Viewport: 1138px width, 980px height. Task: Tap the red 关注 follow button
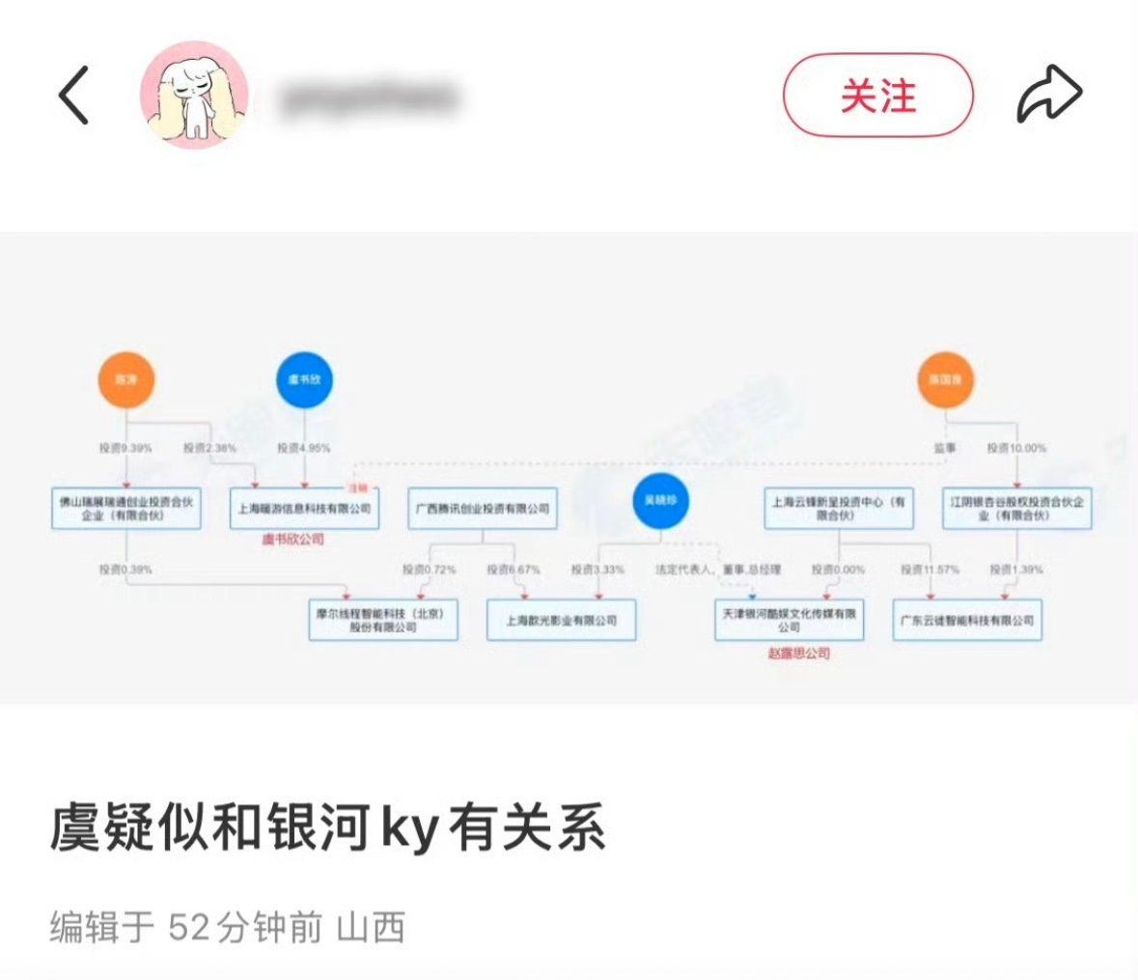coord(877,96)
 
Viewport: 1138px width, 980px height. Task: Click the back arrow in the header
coord(73,96)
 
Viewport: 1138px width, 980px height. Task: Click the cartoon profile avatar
coord(195,96)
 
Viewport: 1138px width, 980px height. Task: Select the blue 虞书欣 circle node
coord(304,379)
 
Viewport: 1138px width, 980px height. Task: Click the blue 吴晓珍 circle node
coord(661,501)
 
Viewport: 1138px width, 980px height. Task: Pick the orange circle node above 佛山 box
coord(126,379)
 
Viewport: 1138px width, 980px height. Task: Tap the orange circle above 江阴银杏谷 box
coord(945,379)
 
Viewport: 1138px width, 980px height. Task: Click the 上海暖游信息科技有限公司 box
coord(305,509)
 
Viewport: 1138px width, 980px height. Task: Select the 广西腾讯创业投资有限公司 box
coord(483,509)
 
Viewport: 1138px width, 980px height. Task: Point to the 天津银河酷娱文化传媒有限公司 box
coord(789,620)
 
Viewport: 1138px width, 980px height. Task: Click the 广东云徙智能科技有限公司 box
coord(967,620)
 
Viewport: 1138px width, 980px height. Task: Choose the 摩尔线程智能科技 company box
coord(383,620)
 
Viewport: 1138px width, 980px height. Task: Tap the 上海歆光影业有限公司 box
coord(561,620)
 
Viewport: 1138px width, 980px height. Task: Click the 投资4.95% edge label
coord(304,448)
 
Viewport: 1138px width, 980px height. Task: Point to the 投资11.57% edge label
coord(930,570)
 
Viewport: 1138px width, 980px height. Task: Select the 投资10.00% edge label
coord(1015,448)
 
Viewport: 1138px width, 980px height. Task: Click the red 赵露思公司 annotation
coord(798,654)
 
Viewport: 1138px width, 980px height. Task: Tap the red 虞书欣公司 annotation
coord(292,539)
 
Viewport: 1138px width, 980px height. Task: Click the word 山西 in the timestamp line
coord(371,928)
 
